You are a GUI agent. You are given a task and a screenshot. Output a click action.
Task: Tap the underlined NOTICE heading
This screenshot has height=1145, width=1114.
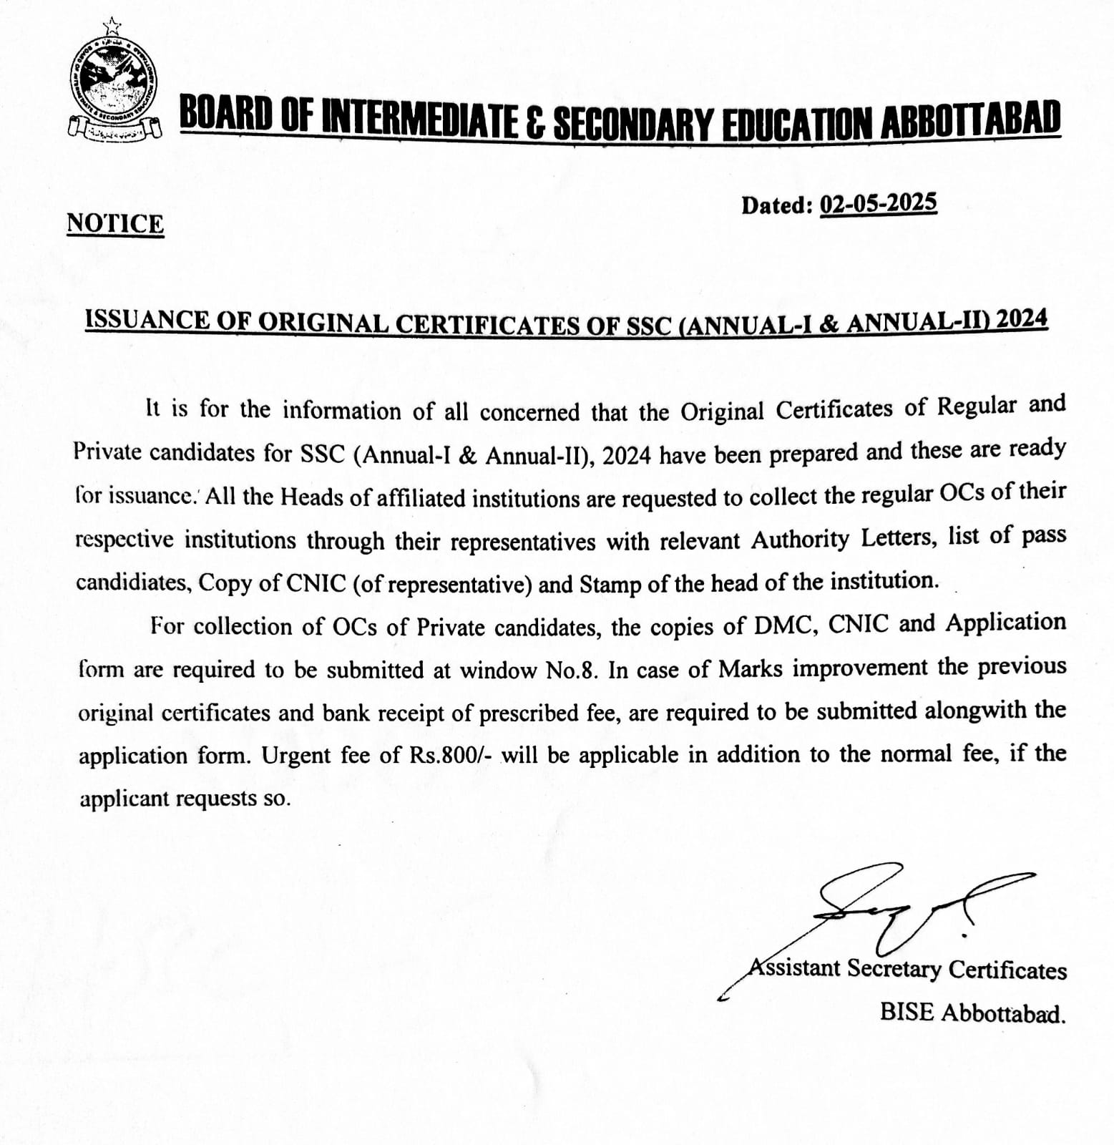tap(115, 224)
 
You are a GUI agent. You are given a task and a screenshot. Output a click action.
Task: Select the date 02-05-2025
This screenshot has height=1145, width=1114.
tap(878, 204)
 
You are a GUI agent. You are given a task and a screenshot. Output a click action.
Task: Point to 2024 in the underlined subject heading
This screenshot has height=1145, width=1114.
tap(1022, 318)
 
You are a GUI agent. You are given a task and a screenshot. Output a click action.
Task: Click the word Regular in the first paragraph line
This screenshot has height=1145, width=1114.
tap(977, 406)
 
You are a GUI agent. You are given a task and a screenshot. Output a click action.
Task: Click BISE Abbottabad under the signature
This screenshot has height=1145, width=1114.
tap(972, 1013)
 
